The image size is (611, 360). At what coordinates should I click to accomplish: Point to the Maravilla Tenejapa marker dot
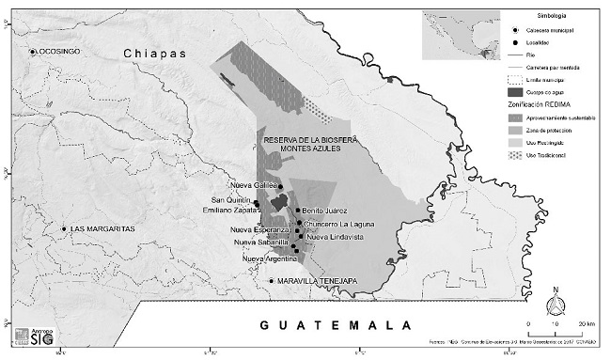(272, 280)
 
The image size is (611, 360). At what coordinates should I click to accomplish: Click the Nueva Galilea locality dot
(280, 187)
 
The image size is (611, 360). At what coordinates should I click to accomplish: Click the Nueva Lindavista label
(334, 237)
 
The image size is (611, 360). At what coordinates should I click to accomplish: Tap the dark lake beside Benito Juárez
(278, 204)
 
